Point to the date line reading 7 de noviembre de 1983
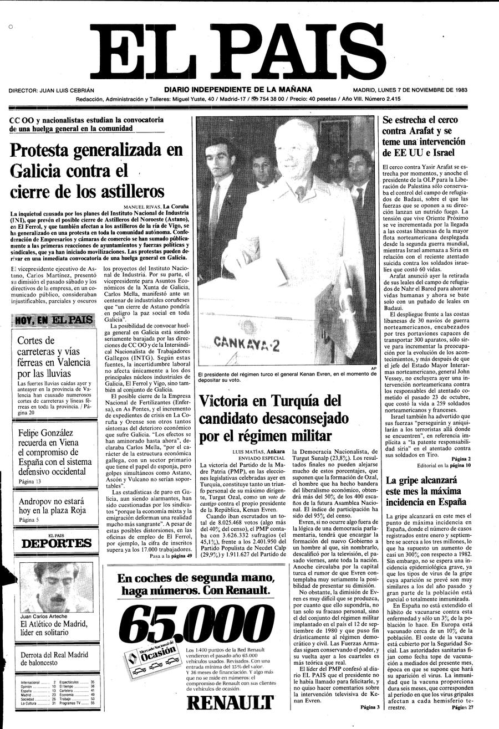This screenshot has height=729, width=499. tap(425, 90)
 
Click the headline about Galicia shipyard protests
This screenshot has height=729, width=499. tap(96, 170)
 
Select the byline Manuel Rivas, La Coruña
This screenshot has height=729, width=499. tap(156, 207)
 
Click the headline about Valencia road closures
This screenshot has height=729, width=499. tap(53, 357)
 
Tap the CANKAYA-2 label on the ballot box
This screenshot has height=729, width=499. tap(246, 343)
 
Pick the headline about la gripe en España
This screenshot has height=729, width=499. tap(426, 493)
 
